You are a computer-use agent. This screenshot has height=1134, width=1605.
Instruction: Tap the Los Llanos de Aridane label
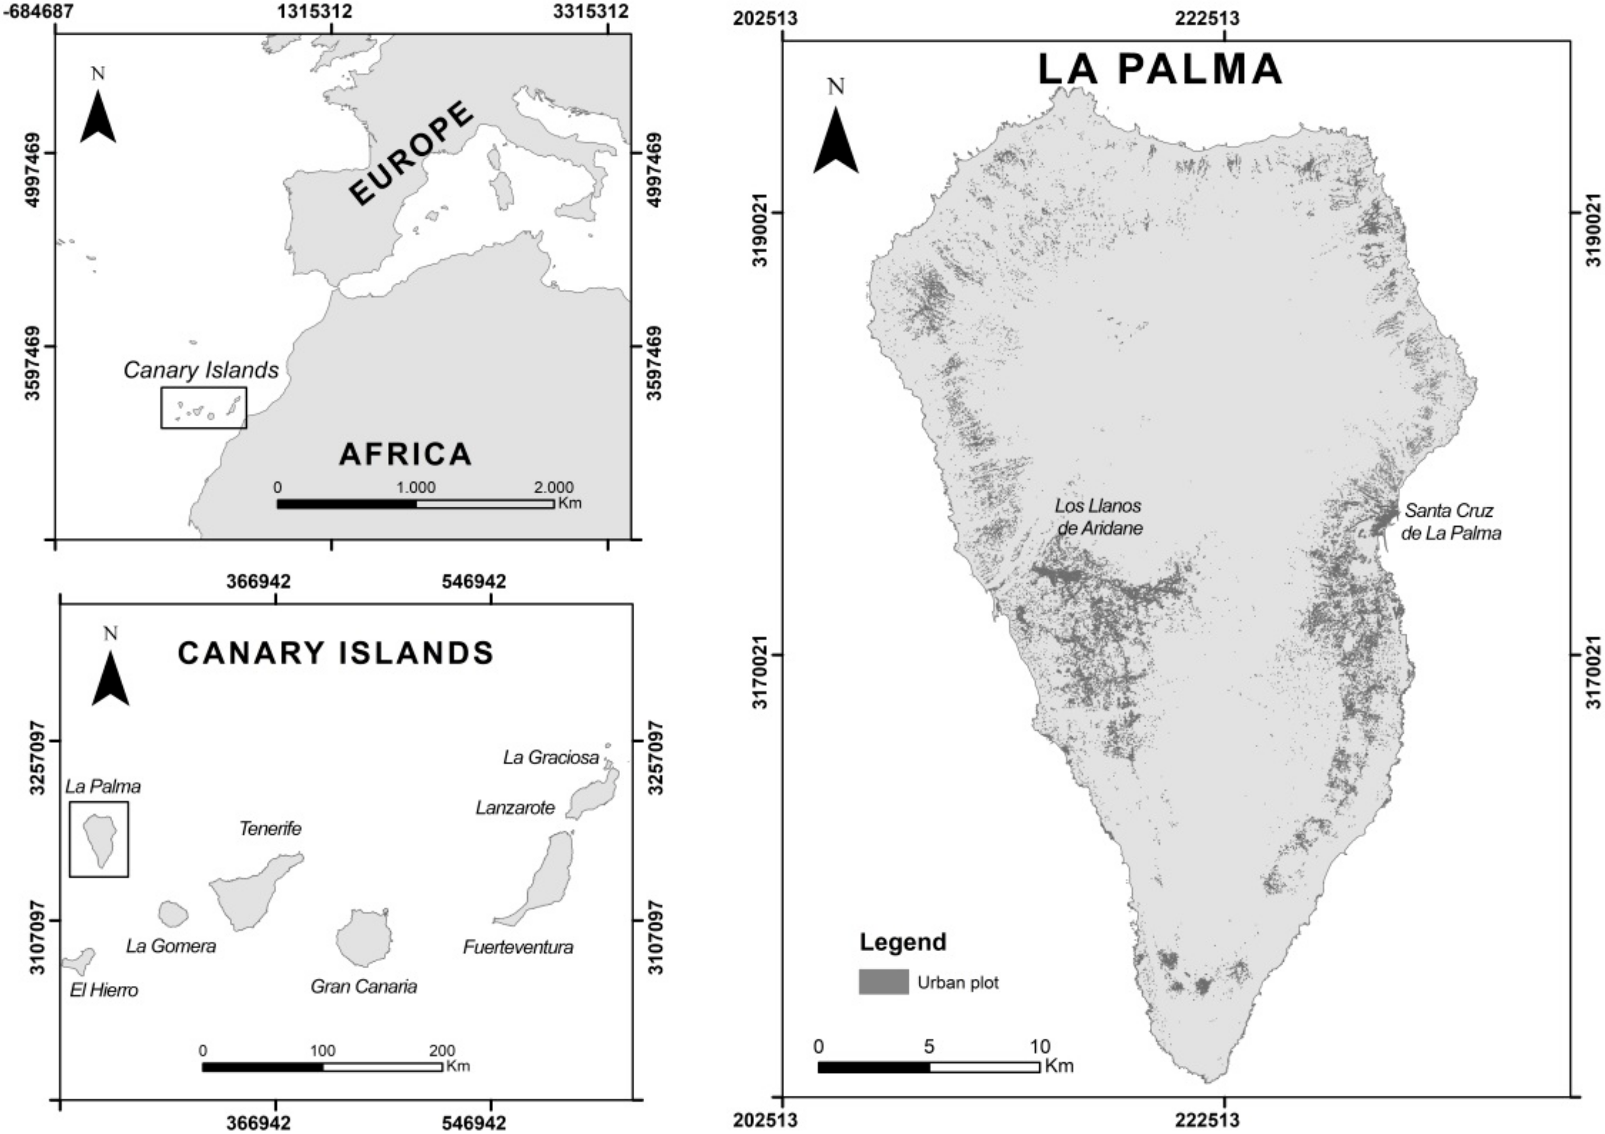tap(1100, 517)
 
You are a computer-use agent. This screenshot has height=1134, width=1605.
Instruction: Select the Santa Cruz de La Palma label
tap(1451, 522)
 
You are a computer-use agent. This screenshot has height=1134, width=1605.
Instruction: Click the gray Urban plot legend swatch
tap(884, 982)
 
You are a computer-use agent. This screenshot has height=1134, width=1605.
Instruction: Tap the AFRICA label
tap(406, 454)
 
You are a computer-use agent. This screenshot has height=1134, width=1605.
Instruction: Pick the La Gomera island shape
tap(173, 912)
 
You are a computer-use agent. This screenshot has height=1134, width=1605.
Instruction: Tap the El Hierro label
tap(104, 990)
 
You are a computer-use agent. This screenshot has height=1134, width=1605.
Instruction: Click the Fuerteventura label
tap(518, 947)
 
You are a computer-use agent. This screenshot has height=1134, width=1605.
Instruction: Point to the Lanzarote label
tap(515, 808)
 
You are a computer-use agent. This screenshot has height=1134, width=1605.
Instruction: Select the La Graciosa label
tap(551, 758)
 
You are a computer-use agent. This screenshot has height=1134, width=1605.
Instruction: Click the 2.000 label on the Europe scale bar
tap(554, 487)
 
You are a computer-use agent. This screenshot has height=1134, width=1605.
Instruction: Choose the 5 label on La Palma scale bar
tap(929, 1047)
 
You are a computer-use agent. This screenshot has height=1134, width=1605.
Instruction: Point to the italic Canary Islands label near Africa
tap(201, 370)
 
